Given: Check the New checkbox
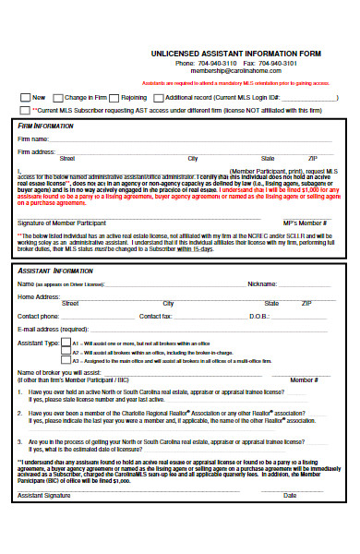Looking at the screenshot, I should coord(25,97).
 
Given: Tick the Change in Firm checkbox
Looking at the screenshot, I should coord(58,97).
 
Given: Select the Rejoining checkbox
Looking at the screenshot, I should coord(114,97).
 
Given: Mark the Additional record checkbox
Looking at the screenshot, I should coord(159,97).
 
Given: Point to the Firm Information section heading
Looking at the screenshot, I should coord(46,125).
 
